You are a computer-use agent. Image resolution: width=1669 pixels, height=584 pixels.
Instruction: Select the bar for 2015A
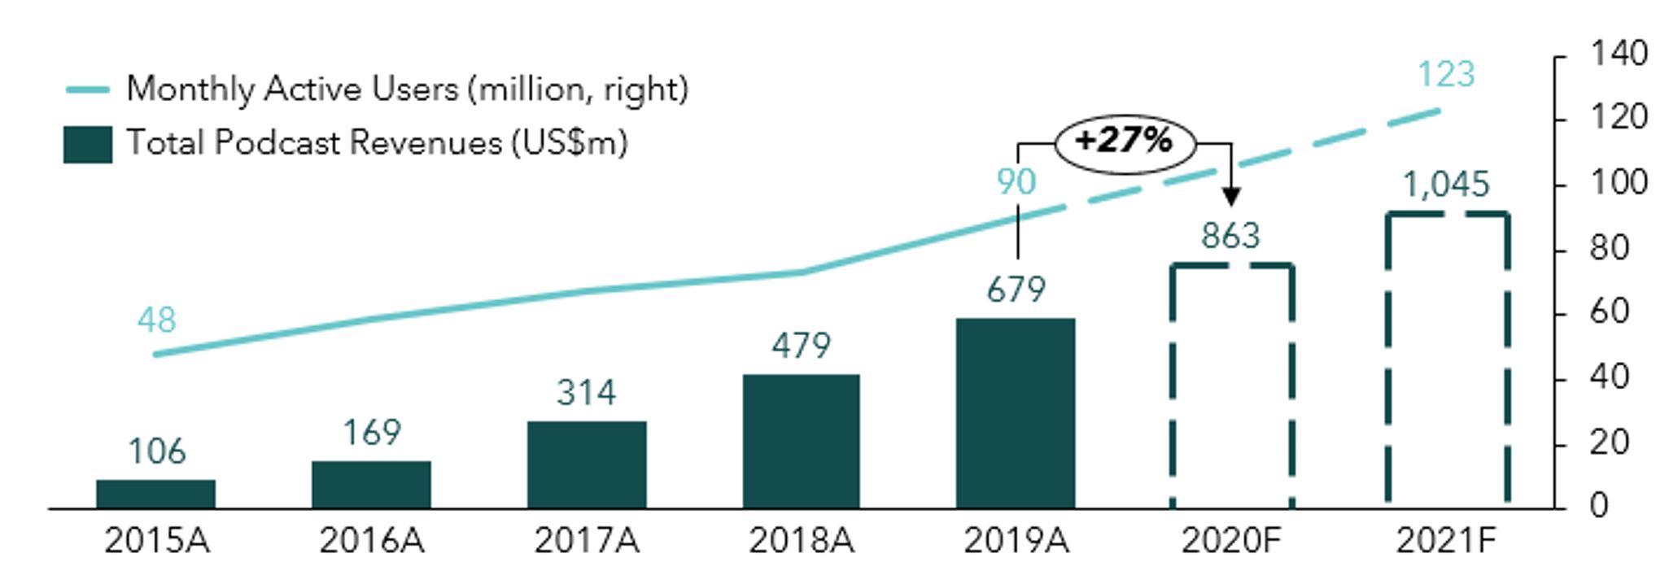155,494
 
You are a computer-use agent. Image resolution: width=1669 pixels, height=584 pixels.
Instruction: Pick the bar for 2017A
586,464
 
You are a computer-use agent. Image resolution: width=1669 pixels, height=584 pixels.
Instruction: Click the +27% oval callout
1125,142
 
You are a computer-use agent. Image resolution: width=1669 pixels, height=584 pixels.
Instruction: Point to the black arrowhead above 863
1231,196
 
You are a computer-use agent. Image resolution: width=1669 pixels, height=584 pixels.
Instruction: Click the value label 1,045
1446,185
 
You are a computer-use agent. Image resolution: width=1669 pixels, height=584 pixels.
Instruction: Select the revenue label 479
801,346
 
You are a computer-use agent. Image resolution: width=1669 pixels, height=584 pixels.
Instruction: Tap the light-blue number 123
1445,75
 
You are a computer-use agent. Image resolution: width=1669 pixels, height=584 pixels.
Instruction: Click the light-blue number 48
156,320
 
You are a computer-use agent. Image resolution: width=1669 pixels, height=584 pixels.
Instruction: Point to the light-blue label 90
1016,182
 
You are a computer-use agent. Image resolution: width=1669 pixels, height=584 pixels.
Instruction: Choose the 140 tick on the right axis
1618,54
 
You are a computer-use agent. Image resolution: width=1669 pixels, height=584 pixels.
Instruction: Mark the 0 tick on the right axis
1599,507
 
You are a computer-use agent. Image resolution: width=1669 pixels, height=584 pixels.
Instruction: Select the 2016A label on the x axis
371,541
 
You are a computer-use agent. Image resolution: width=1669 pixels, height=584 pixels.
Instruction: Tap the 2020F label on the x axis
1230,541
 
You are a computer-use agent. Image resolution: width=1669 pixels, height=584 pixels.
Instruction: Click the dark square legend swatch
88,145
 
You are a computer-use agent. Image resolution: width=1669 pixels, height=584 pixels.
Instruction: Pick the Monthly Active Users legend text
407,89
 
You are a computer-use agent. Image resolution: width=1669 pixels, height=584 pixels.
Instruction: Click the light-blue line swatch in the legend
88,89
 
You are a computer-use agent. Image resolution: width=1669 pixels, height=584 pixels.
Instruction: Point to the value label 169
371,433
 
